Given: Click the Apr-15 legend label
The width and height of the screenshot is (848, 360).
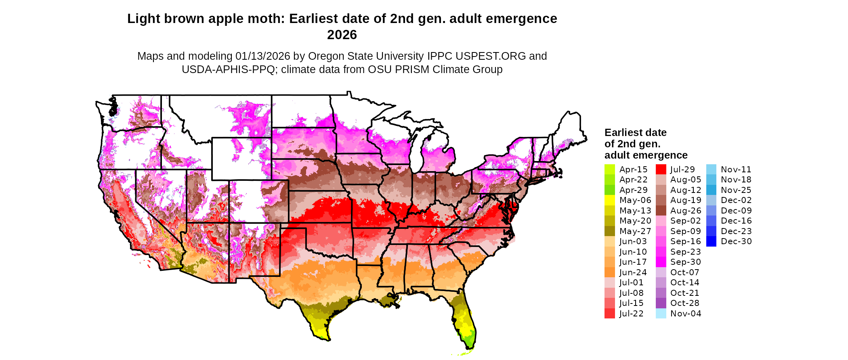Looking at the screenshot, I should click(x=633, y=170).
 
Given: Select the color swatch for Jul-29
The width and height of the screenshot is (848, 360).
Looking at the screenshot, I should click(x=661, y=170).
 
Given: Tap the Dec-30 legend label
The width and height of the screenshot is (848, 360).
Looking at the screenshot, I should click(x=736, y=241).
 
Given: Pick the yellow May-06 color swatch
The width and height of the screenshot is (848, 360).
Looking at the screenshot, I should click(x=609, y=200).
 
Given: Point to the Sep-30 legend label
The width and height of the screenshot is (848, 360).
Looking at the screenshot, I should click(x=685, y=262).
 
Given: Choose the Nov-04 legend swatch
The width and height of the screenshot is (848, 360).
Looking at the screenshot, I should click(x=661, y=314).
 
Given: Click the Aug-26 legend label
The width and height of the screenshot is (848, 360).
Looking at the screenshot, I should click(x=685, y=211).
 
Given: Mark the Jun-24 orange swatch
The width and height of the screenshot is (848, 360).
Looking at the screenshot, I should click(x=609, y=272).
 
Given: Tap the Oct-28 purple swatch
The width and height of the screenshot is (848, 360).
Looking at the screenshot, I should click(x=661, y=303).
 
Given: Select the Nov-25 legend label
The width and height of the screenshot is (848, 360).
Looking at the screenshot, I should click(x=736, y=190).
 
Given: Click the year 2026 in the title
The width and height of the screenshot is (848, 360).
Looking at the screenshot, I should click(x=342, y=35).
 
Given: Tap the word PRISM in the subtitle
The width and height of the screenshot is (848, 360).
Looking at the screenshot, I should click(x=412, y=69).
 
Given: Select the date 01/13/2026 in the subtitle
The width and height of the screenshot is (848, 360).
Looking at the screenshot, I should click(x=262, y=56).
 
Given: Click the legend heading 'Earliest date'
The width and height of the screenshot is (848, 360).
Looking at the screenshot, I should click(x=635, y=133).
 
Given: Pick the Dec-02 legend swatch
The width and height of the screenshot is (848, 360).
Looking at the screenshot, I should click(x=711, y=200).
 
